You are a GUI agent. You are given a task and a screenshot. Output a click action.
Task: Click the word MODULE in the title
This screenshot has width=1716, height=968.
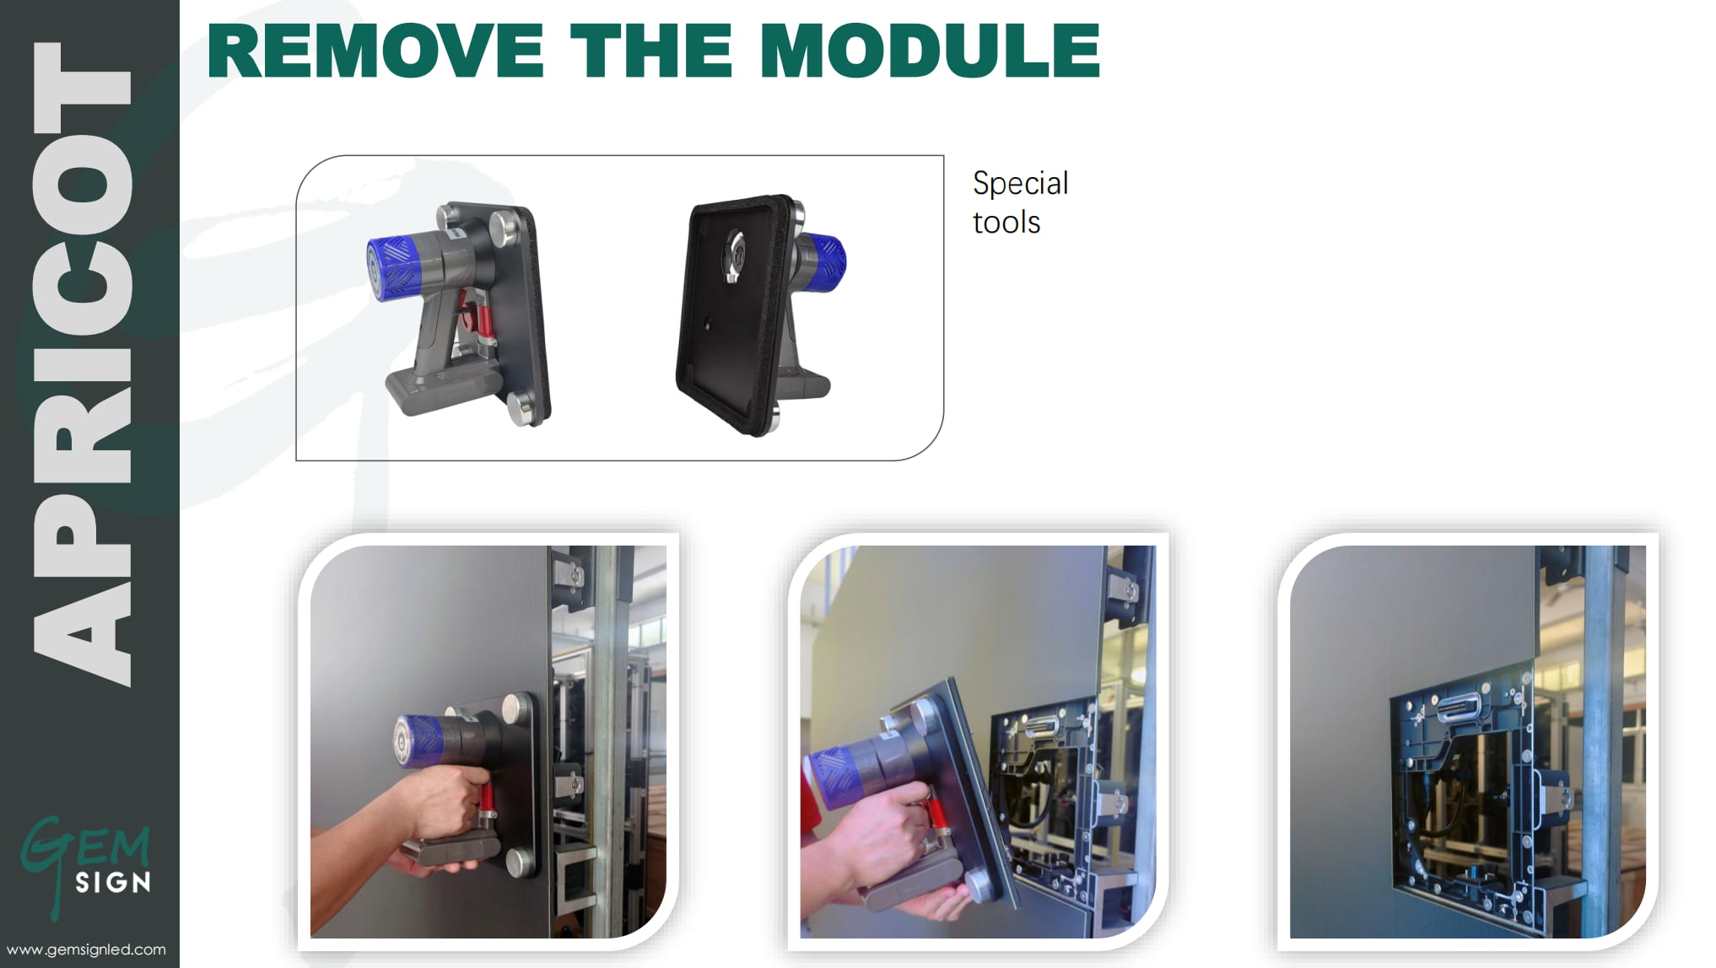coord(930,50)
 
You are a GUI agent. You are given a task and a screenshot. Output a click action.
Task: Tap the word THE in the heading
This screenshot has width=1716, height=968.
coord(652,50)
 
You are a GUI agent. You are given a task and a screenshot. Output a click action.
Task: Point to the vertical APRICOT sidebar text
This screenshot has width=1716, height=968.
coord(82,363)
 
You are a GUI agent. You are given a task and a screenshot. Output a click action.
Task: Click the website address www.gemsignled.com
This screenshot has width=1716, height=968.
coord(86,949)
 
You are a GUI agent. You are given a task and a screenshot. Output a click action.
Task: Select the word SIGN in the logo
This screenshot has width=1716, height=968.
coord(113,883)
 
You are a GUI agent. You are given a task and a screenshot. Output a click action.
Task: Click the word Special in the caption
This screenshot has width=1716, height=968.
coord(1020,184)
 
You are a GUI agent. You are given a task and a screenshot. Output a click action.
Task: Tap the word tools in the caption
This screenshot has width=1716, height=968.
coord(1006,222)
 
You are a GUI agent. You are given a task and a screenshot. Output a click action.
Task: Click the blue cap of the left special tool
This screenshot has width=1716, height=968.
coord(391,265)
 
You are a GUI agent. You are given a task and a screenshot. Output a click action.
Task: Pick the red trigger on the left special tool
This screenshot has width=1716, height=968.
coord(483,320)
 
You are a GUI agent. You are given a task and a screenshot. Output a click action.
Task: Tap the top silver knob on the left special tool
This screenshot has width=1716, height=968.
coord(505,226)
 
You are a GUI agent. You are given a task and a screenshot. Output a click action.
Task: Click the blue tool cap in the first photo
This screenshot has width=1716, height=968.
coord(418,742)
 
